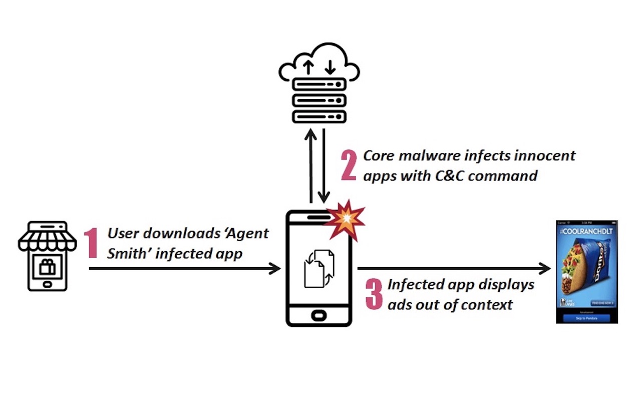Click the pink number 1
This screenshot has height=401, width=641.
click(x=91, y=244)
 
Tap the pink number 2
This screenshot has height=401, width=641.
click(x=349, y=165)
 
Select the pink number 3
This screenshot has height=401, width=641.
click(x=374, y=295)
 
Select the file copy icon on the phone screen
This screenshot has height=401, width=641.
click(x=318, y=268)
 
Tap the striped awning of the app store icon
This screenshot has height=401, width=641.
click(x=48, y=241)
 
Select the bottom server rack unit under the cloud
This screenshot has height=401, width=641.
click(x=319, y=117)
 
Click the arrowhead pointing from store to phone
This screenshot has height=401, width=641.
click(x=275, y=269)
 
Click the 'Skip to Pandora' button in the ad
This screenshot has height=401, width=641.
click(x=586, y=318)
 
